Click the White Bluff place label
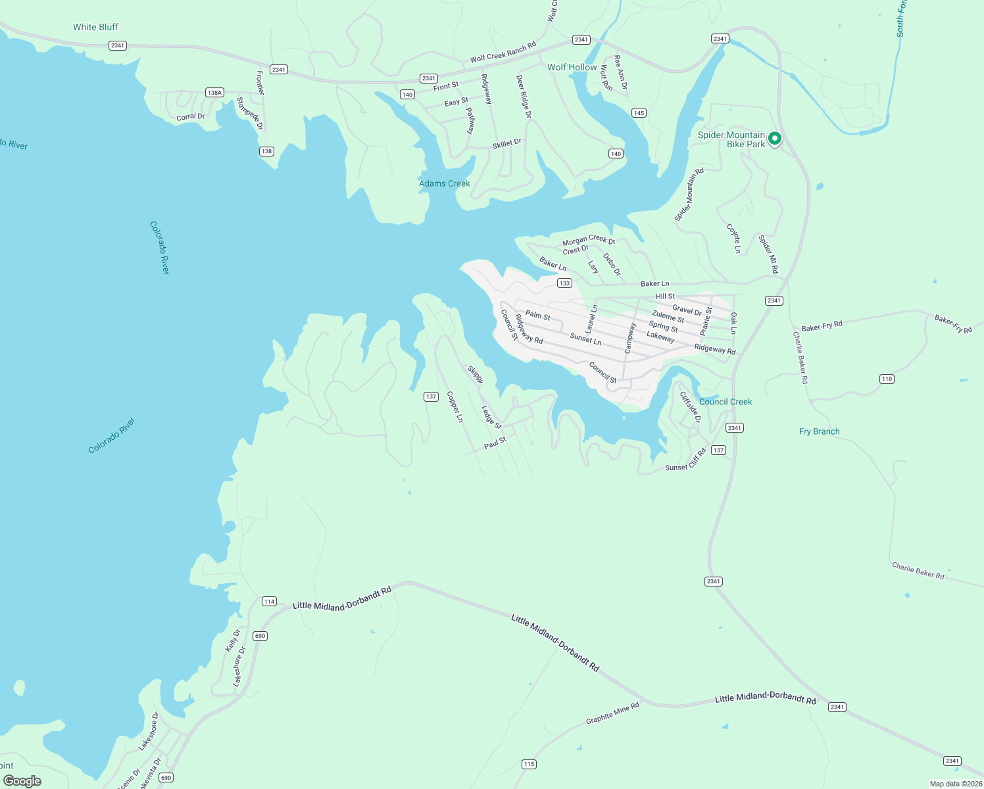click(x=95, y=27)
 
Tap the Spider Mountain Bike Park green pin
click(x=775, y=139)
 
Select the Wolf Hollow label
click(x=572, y=67)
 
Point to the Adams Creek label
click(x=445, y=183)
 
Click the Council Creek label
click(x=726, y=402)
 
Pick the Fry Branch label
click(x=819, y=431)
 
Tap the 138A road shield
click(x=214, y=93)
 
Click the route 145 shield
click(x=639, y=113)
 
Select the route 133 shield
click(x=564, y=283)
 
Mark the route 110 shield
click(x=887, y=379)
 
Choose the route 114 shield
click(x=269, y=602)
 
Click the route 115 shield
click(x=529, y=764)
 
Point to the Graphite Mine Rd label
click(x=612, y=713)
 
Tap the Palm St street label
click(x=537, y=316)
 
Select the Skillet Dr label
click(x=506, y=143)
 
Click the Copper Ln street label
click(x=455, y=407)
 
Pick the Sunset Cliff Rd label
click(x=685, y=460)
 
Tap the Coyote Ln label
click(x=733, y=239)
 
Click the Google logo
click(x=22, y=781)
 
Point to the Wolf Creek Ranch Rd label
click(x=503, y=53)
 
